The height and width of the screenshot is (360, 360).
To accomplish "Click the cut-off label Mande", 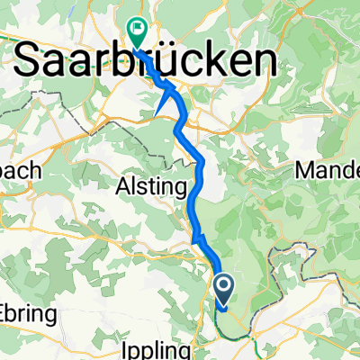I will click(x=328, y=169).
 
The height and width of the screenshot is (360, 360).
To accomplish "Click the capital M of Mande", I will click(x=306, y=169).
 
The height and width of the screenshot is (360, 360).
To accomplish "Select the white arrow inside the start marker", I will click(x=223, y=288).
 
